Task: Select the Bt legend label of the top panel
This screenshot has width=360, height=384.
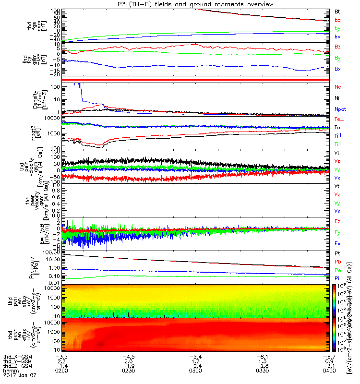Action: pos(337,11)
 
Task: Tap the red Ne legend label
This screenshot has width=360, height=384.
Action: pos(337,87)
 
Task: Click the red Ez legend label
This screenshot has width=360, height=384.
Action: pos(337,222)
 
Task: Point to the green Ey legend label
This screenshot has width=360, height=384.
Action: pos(337,232)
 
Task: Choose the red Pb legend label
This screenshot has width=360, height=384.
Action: pos(337,262)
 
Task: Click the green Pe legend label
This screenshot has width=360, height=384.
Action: pos(337,270)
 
